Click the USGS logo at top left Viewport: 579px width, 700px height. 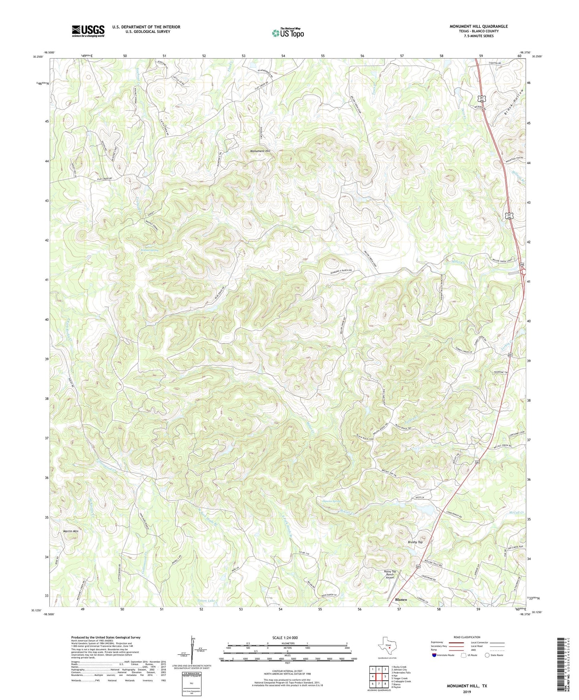tap(88, 31)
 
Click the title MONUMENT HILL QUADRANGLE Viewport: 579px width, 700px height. tap(478, 26)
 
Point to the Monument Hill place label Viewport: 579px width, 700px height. tap(260, 151)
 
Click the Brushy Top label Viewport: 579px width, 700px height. tap(415, 542)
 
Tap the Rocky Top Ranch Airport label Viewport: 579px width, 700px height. tap(390, 574)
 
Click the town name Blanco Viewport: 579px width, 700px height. tap(401, 599)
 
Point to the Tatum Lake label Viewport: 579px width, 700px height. tap(206, 601)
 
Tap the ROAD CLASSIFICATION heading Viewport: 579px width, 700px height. tap(466, 637)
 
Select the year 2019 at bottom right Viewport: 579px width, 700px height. tap(467, 692)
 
